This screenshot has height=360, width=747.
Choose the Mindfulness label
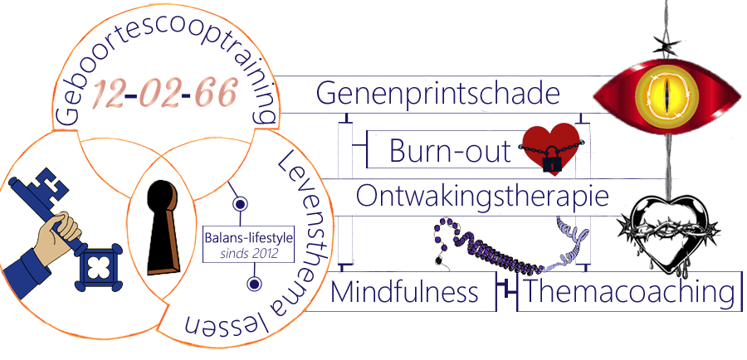pyautogui.click(x=405, y=292)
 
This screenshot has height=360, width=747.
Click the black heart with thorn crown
pyautogui.click(x=667, y=228)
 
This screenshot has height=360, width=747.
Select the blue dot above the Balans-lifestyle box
pyautogui.click(x=238, y=203)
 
